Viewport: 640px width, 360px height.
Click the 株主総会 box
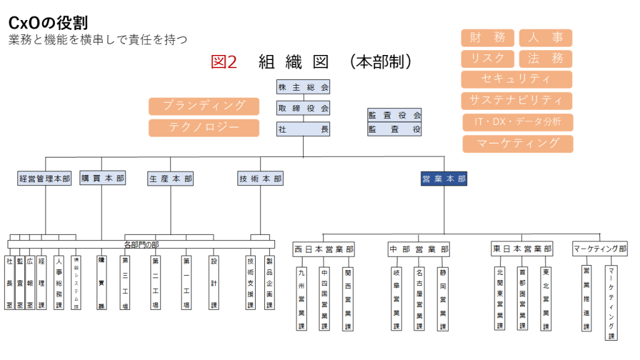tap(303, 87)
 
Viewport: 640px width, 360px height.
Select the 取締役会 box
tap(303, 108)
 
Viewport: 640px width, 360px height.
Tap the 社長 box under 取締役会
tap(303, 129)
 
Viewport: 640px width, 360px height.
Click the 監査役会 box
tap(395, 115)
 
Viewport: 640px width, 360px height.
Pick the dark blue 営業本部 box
tap(444, 179)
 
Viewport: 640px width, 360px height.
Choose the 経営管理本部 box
tap(45, 179)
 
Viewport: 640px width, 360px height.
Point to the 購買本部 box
tap(102, 179)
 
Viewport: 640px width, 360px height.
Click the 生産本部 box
tap(171, 179)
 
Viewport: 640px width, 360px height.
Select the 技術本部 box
tap(261, 179)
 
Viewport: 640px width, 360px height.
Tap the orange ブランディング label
tap(204, 106)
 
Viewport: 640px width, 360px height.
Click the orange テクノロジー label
tap(204, 127)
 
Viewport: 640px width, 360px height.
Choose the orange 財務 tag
tap(487, 37)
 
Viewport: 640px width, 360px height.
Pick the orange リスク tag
tap(487, 59)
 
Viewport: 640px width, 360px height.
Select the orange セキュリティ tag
tap(517, 79)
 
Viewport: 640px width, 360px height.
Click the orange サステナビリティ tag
tap(517, 101)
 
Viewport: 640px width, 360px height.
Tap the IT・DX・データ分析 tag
tap(517, 122)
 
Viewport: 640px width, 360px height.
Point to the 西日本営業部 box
tap(324, 249)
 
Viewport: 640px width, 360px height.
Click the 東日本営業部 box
tap(522, 249)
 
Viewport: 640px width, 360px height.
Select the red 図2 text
tap(224, 62)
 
